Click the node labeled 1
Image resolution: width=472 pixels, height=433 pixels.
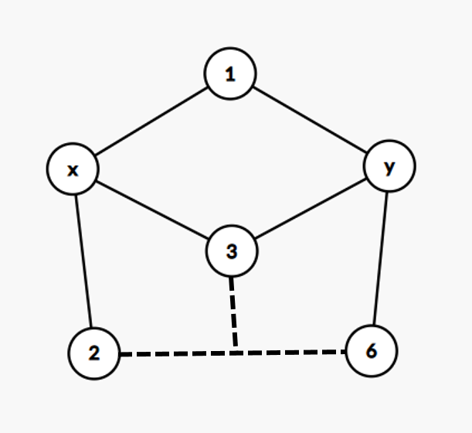(230, 74)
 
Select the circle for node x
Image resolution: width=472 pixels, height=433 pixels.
(72, 170)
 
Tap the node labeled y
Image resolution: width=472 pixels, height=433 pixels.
(389, 166)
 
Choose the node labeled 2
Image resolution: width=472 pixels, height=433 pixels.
(93, 354)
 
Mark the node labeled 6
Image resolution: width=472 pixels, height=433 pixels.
(372, 351)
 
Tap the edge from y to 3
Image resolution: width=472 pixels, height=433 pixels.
(311, 209)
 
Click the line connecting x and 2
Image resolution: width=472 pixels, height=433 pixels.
(83, 262)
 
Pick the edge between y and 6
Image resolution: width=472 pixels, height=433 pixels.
(381, 258)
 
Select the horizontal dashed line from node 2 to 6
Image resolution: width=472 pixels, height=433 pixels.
(178, 354)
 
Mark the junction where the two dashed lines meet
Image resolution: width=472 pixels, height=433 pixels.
(236, 353)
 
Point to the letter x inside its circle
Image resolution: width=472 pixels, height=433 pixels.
(72, 170)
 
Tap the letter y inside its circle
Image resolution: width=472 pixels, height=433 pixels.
(389, 166)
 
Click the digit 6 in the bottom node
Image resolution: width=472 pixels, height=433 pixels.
(372, 351)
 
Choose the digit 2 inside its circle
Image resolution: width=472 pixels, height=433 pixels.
(93, 354)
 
